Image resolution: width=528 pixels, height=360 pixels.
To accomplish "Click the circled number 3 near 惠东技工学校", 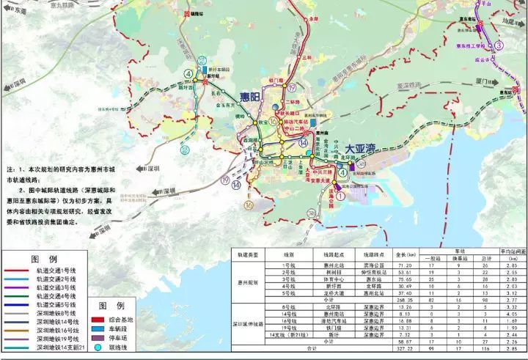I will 499,45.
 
